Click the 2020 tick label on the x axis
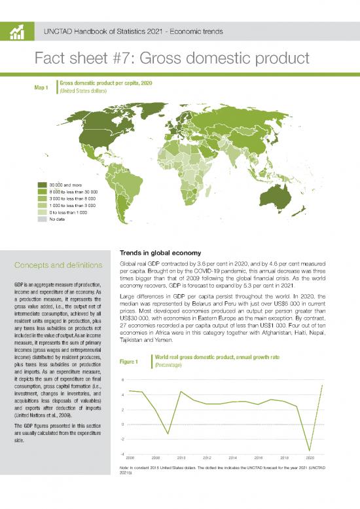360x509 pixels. point(310,457)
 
